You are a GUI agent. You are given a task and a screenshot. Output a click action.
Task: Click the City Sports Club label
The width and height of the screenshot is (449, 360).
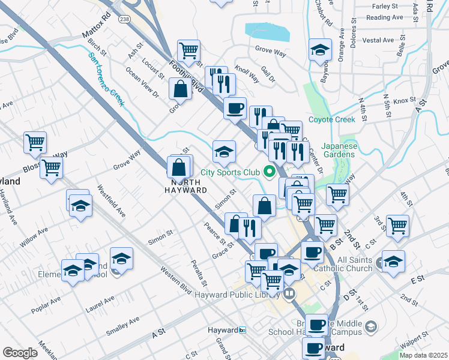coord(230,173)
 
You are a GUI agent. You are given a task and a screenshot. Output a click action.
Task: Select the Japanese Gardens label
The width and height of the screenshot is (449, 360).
coord(338,150)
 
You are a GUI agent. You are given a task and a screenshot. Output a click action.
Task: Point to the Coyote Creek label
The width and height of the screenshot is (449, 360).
coord(332,119)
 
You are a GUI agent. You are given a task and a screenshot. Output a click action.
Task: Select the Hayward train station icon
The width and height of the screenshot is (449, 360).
coord(243,331)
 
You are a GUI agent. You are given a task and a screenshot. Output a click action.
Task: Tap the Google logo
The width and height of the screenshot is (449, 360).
coord(20,353)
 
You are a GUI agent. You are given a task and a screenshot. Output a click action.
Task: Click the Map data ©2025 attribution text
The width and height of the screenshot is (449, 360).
coord(424,355)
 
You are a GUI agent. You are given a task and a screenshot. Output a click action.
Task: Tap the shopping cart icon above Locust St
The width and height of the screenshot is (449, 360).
coord(188,50)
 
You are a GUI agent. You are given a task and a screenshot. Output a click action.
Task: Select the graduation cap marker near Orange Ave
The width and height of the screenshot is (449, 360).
coord(320,49)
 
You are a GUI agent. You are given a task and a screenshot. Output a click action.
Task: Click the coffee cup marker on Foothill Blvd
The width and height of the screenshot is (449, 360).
coord(235,108)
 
